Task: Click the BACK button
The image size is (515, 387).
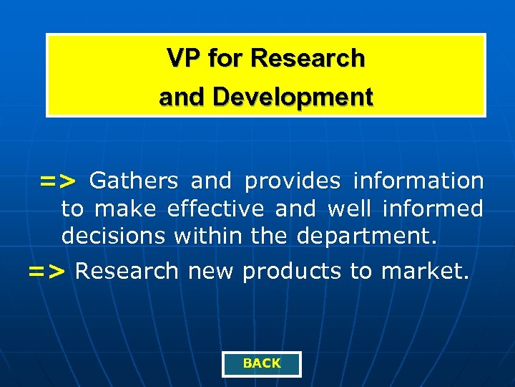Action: point(262,363)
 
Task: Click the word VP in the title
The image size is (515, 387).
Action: point(183,58)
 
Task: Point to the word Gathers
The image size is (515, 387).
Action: point(134,181)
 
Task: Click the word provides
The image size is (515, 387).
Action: point(293,181)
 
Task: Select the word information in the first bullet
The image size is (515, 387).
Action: point(418,181)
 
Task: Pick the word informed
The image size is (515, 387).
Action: point(433,209)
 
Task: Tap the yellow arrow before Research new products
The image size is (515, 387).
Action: point(47,272)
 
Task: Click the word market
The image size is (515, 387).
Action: point(425,271)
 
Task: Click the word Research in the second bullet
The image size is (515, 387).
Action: point(127,271)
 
